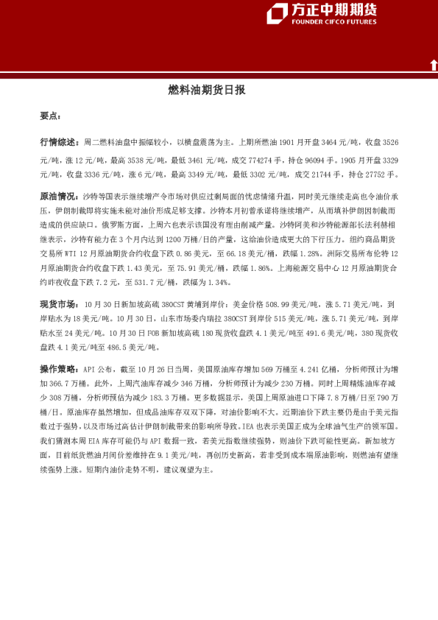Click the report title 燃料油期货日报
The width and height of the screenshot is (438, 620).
[x=207, y=91]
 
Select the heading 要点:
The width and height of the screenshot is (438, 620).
[x=51, y=116]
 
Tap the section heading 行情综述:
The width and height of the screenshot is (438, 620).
[x=59, y=141]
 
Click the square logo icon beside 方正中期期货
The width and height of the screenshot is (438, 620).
[x=278, y=13]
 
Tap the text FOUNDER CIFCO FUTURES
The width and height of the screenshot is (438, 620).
[x=333, y=22]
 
